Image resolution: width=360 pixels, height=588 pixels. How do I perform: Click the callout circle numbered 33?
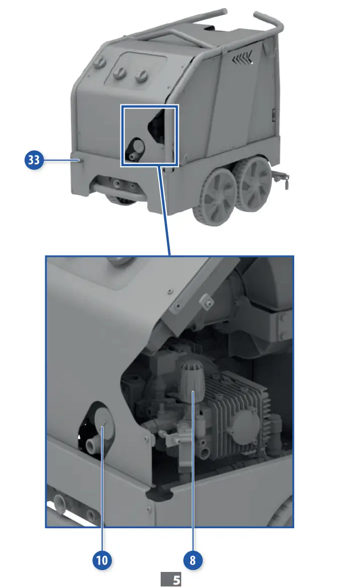pyautogui.click(x=34, y=161)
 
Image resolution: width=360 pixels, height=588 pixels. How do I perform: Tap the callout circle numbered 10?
pyautogui.click(x=102, y=560)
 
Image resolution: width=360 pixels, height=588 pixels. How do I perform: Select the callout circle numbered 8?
pyautogui.click(x=193, y=560)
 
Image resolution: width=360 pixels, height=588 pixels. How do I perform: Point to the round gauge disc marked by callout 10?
pyautogui.click(x=102, y=424)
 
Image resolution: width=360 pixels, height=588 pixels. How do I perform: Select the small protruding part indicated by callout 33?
pyautogui.click(x=79, y=160)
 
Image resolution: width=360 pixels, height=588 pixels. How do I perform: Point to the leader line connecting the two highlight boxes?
pyautogui.click(x=165, y=211)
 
